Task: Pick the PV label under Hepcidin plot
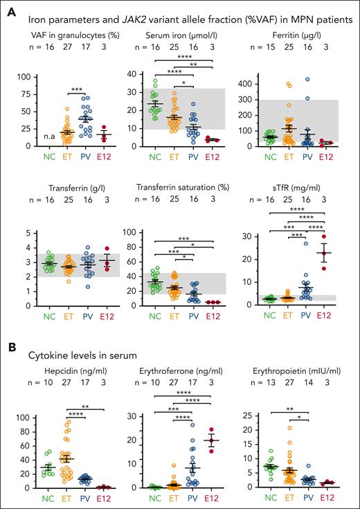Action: click(x=87, y=498)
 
